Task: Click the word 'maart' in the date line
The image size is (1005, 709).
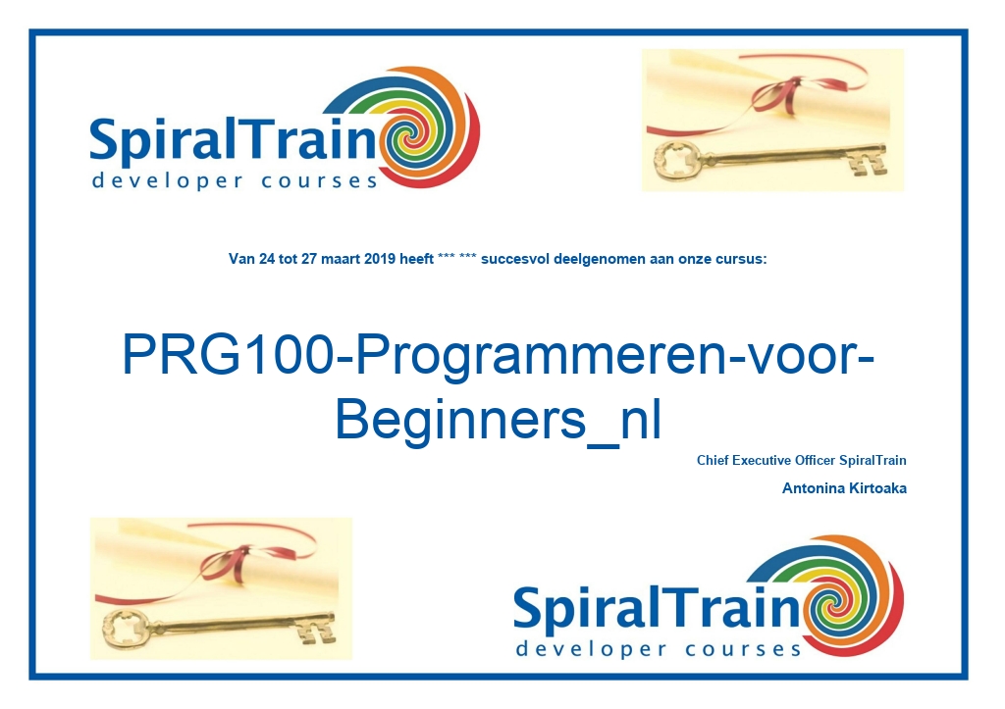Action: click(x=341, y=260)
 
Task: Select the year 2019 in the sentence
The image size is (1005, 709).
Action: click(x=380, y=260)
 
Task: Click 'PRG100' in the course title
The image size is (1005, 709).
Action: click(x=228, y=354)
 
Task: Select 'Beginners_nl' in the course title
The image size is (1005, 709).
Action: click(x=498, y=420)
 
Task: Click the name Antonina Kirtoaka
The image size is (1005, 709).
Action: click(x=844, y=488)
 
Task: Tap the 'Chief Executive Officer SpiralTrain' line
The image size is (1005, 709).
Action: click(x=801, y=461)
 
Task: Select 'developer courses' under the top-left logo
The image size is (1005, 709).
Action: click(x=235, y=180)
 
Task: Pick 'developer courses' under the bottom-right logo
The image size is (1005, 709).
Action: click(x=659, y=649)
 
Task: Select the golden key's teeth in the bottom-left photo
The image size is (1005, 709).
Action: click(x=316, y=631)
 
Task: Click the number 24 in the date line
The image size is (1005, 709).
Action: click(x=267, y=260)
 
